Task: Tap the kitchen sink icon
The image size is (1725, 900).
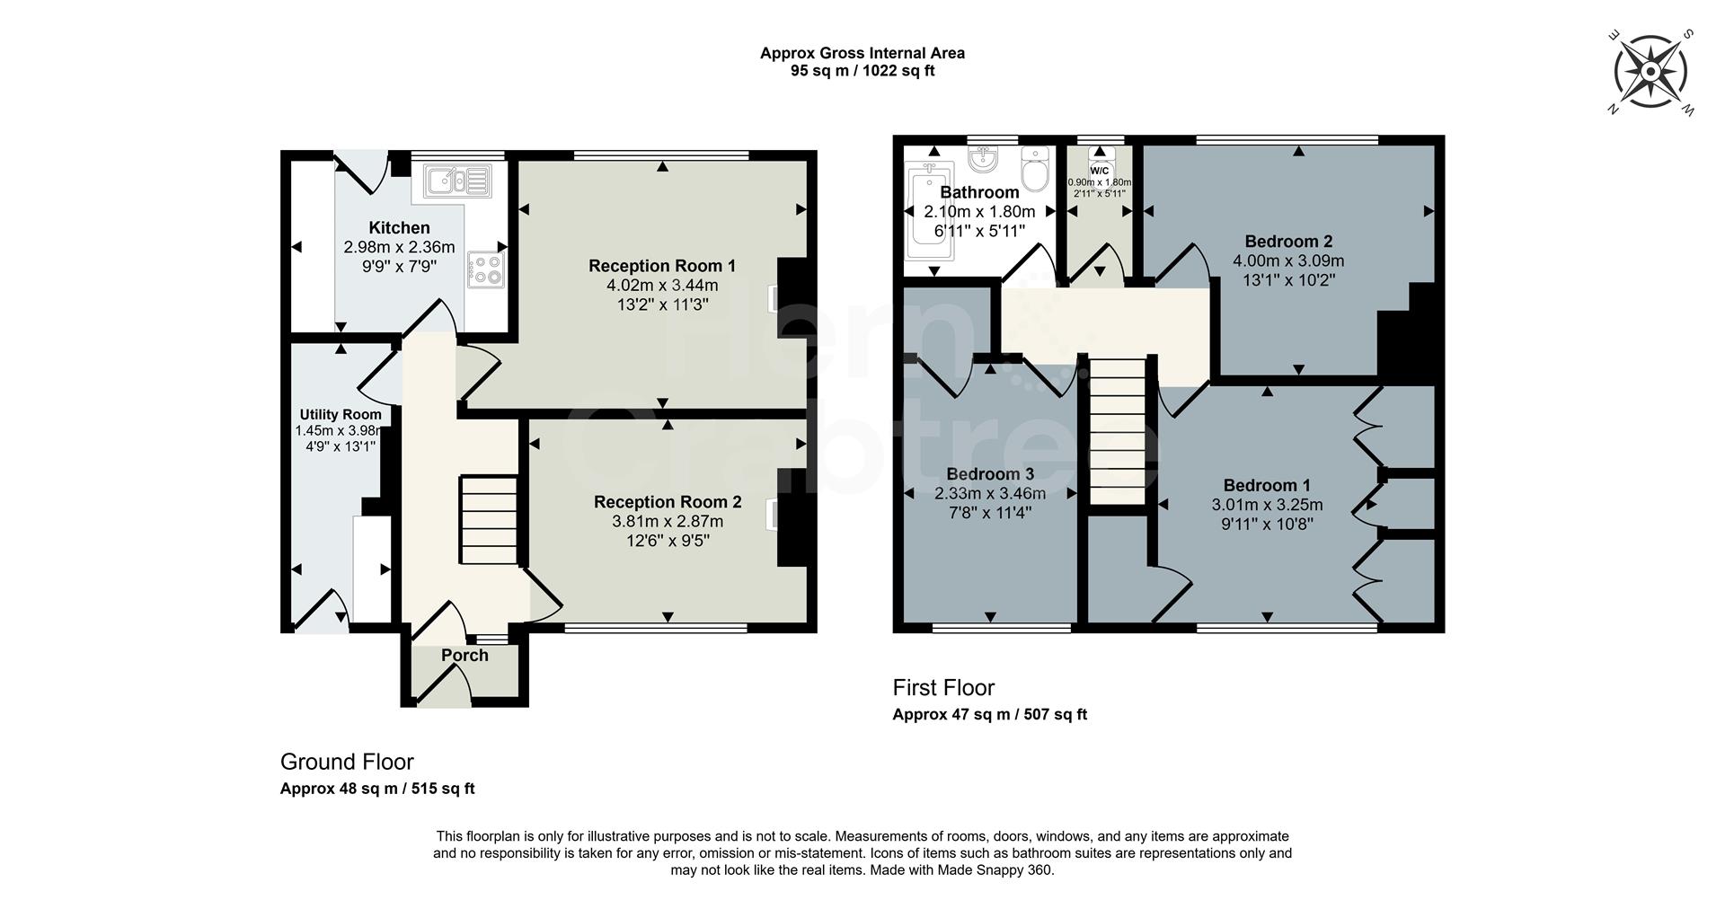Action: click(x=458, y=181)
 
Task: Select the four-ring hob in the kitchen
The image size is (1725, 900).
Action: click(x=486, y=269)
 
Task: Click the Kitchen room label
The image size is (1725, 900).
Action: click(x=399, y=228)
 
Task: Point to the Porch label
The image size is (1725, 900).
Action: click(x=464, y=656)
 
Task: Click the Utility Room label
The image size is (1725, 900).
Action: click(x=341, y=414)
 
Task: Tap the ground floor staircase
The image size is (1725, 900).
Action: click(x=490, y=521)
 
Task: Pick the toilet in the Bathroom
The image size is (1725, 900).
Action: click(x=1036, y=170)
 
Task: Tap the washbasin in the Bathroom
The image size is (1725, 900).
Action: click(x=985, y=161)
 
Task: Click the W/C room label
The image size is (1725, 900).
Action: click(x=1100, y=171)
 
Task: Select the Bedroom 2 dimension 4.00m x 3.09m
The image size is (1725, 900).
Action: click(x=1288, y=261)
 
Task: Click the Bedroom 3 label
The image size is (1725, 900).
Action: click(x=990, y=474)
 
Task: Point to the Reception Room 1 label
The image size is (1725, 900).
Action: click(x=662, y=266)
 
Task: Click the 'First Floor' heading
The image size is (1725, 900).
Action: click(x=943, y=688)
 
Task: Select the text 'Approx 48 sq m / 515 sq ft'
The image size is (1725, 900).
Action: click(x=377, y=790)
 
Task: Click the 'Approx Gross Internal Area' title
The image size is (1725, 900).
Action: click(x=862, y=53)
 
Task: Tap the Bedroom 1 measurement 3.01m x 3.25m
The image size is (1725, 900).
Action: click(x=1267, y=505)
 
